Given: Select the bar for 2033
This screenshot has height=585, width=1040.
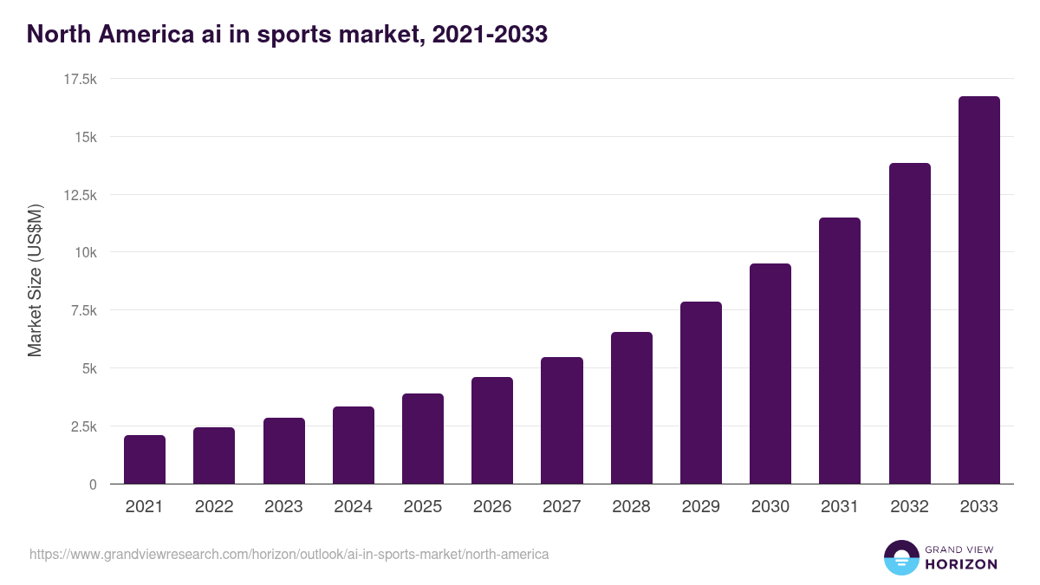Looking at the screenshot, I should (978, 290).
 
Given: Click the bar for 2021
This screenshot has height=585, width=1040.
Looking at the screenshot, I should (145, 459).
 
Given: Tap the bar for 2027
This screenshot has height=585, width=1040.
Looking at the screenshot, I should (562, 420).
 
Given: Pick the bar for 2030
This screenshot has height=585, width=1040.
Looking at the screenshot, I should (770, 374).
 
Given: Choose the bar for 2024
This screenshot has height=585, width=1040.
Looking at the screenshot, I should (354, 445).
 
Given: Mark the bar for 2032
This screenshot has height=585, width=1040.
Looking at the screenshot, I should (909, 323).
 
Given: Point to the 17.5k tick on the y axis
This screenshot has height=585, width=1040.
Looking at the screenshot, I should (80, 79).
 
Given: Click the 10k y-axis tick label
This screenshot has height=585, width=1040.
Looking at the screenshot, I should (85, 252).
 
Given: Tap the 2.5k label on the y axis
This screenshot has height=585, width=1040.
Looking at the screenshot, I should (83, 426).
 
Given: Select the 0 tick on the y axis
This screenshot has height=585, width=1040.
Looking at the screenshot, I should (92, 484).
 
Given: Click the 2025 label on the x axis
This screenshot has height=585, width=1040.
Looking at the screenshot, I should (423, 507).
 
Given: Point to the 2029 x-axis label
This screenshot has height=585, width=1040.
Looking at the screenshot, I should (701, 507).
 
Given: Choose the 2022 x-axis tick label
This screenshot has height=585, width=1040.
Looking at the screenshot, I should (214, 507).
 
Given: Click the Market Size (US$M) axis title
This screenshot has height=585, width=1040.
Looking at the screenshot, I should (35, 281).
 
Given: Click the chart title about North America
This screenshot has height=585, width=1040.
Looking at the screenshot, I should (287, 34).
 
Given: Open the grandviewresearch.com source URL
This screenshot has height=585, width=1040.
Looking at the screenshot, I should (289, 554).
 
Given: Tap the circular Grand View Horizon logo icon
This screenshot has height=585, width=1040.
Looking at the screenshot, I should (900, 557).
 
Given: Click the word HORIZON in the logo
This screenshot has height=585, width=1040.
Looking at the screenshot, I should (960, 564).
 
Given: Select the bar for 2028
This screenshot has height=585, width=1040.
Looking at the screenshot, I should (632, 407).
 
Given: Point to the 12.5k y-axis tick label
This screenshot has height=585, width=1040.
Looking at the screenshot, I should (80, 195).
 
